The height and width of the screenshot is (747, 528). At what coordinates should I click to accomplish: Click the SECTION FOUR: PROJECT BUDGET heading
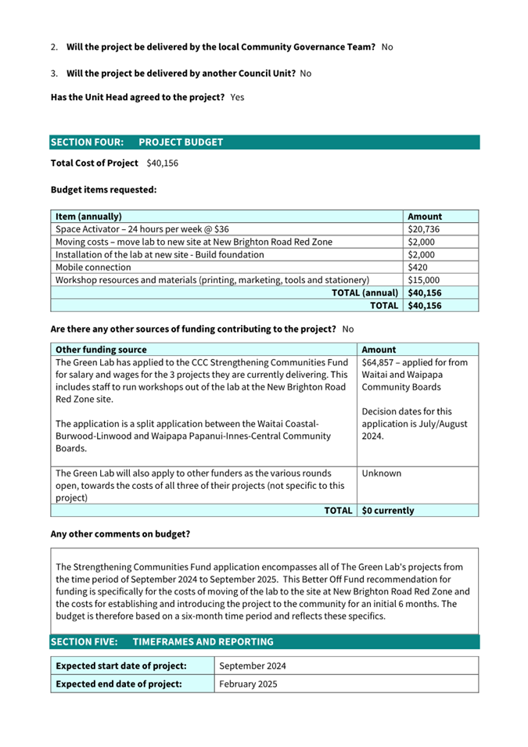(137, 142)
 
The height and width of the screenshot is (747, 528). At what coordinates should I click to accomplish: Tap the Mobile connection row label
(90, 267)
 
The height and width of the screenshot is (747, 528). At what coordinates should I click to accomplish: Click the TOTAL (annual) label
(365, 293)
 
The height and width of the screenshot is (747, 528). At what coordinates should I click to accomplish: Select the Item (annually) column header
(88, 217)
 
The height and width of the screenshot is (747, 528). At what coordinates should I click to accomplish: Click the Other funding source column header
(101, 350)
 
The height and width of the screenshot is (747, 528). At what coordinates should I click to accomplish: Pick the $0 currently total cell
(389, 511)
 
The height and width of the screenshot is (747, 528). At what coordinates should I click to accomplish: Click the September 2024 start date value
(253, 666)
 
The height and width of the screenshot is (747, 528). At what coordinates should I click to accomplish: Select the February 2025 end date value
(248, 684)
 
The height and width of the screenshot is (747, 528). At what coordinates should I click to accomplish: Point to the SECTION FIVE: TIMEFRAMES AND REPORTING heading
(162, 642)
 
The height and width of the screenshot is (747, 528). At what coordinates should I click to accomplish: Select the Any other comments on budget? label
(120, 534)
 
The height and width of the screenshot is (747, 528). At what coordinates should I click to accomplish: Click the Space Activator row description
(142, 229)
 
